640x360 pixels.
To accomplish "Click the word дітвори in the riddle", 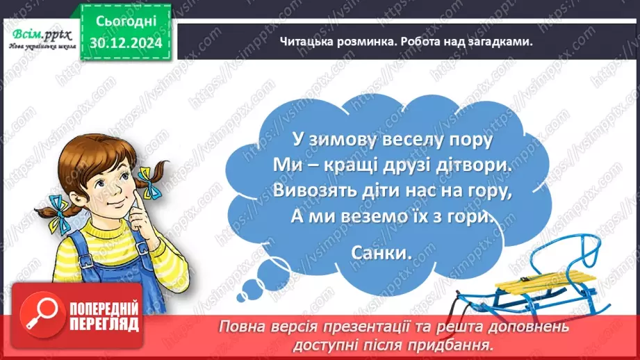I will [473, 165].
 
